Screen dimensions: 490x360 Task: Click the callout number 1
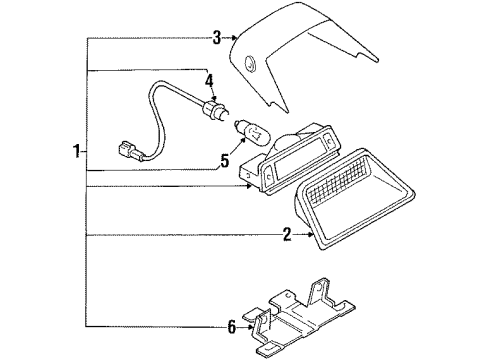[x=77, y=152]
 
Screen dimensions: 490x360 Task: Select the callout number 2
[x=287, y=235]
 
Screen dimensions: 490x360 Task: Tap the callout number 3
[x=217, y=38]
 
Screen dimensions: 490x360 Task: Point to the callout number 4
[x=209, y=81]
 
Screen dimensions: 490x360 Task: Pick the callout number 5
[x=225, y=161]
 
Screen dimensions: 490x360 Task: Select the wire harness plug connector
[x=130, y=151]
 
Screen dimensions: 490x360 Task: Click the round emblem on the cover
[x=250, y=62]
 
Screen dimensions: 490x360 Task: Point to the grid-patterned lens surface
[x=340, y=180]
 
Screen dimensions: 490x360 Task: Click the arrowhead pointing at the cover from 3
[x=234, y=38]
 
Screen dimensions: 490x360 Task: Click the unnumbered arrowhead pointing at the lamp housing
[x=248, y=186]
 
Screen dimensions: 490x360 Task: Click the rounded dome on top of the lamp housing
[x=288, y=137]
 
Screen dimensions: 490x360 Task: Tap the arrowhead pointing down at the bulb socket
[x=214, y=98]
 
